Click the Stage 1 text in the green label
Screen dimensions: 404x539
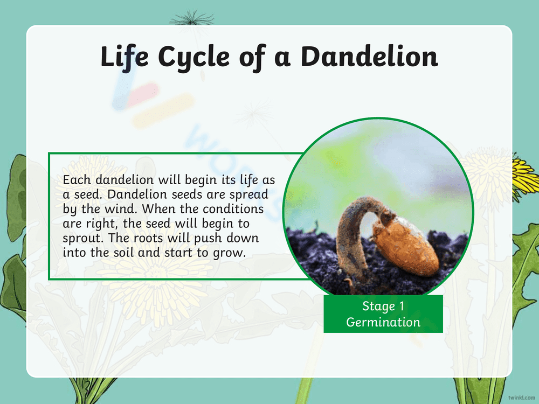click(383, 307)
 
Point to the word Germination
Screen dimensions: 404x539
click(383, 322)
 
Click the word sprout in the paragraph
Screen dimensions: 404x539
click(80, 238)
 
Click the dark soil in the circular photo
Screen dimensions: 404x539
click(313, 253)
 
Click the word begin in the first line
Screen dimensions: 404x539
click(199, 179)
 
